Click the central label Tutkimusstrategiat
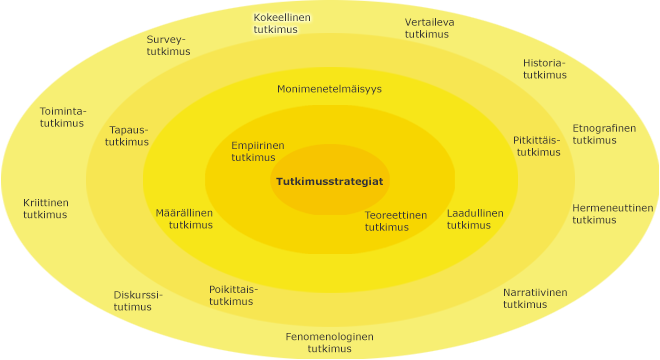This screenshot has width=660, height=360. coord(329,181)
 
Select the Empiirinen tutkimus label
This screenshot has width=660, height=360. coord(258,151)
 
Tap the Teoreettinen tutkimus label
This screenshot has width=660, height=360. coord(395,220)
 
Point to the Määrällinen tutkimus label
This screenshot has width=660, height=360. coord(184,219)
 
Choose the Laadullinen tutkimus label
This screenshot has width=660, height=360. coord(474,219)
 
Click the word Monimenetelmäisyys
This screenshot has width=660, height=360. coord(329,89)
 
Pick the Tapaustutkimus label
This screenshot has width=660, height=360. coord(128,135)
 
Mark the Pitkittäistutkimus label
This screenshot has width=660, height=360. coord(537,146)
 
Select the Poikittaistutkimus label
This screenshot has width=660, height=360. coord(233,295)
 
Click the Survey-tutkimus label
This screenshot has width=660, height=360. coord(167,46)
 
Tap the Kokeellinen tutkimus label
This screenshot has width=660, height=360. coord(281,24)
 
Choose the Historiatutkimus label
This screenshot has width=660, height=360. coord(544,68)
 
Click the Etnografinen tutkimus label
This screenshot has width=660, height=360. coord(603,134)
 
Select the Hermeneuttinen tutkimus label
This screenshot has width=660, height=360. coord(612,214)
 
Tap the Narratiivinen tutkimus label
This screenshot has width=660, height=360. coord(534,298)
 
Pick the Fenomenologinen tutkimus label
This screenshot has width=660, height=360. coord(329,342)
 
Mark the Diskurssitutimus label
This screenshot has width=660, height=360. coord(137,301)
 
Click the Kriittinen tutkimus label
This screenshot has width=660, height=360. coord(46,208)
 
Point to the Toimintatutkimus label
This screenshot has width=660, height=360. coord(63,116)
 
